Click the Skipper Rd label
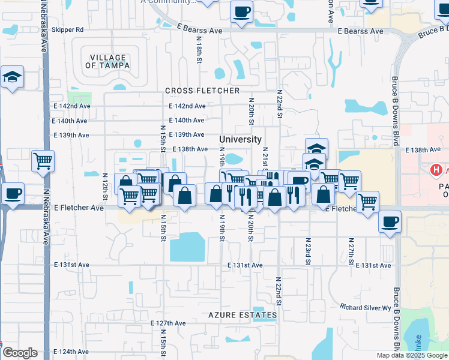tap(68, 29)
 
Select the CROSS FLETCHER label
tap(202, 91)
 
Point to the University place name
tap(240, 139)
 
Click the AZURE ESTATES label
tap(243, 314)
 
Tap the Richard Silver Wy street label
tap(365, 308)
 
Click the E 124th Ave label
tap(71, 351)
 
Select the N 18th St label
tap(198, 48)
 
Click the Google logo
tap(20, 353)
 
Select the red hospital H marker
tap(436, 170)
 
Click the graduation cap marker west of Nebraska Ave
tap(12, 77)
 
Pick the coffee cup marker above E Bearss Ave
tap(241, 11)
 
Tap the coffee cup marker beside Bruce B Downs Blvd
tap(390, 221)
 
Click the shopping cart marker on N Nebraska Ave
tap(42, 160)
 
